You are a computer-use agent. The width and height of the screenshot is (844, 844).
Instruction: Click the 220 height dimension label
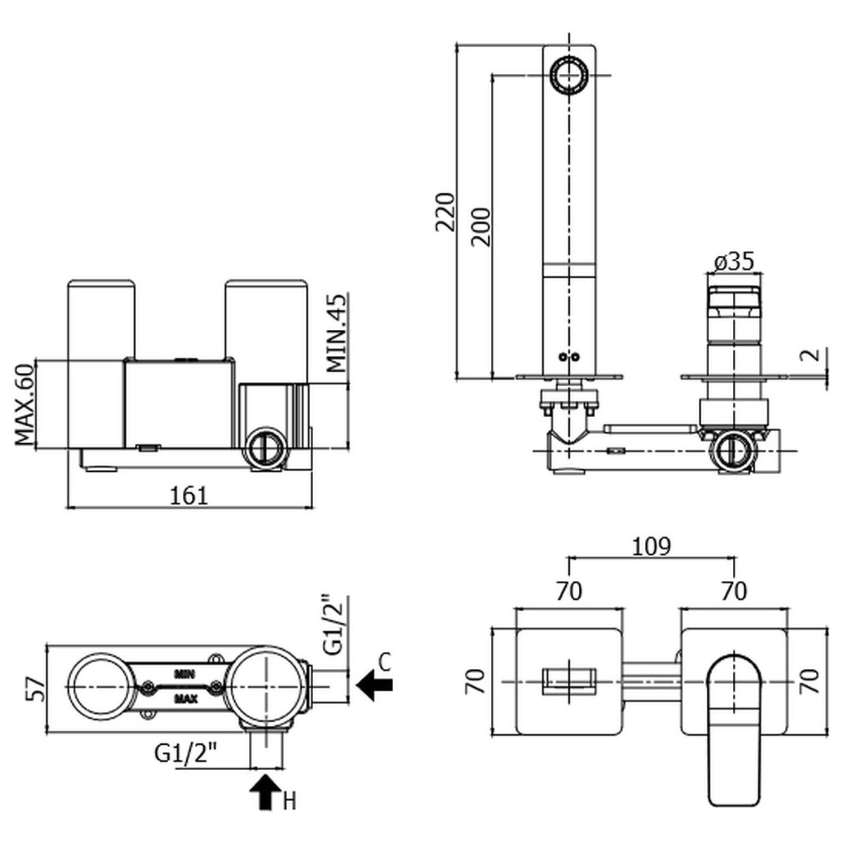point(445,211)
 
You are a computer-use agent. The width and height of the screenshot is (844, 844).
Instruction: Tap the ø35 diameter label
point(734,262)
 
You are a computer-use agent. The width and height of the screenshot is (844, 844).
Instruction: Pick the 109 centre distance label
point(652,546)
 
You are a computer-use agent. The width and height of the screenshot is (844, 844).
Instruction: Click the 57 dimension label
point(36,687)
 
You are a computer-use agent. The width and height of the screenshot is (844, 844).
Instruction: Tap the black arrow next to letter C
point(375,683)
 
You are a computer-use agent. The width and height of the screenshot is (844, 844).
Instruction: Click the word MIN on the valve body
point(185,673)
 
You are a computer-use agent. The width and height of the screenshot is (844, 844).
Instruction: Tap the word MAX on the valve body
point(186,699)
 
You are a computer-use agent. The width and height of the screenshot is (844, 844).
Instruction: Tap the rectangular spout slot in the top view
point(570,682)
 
